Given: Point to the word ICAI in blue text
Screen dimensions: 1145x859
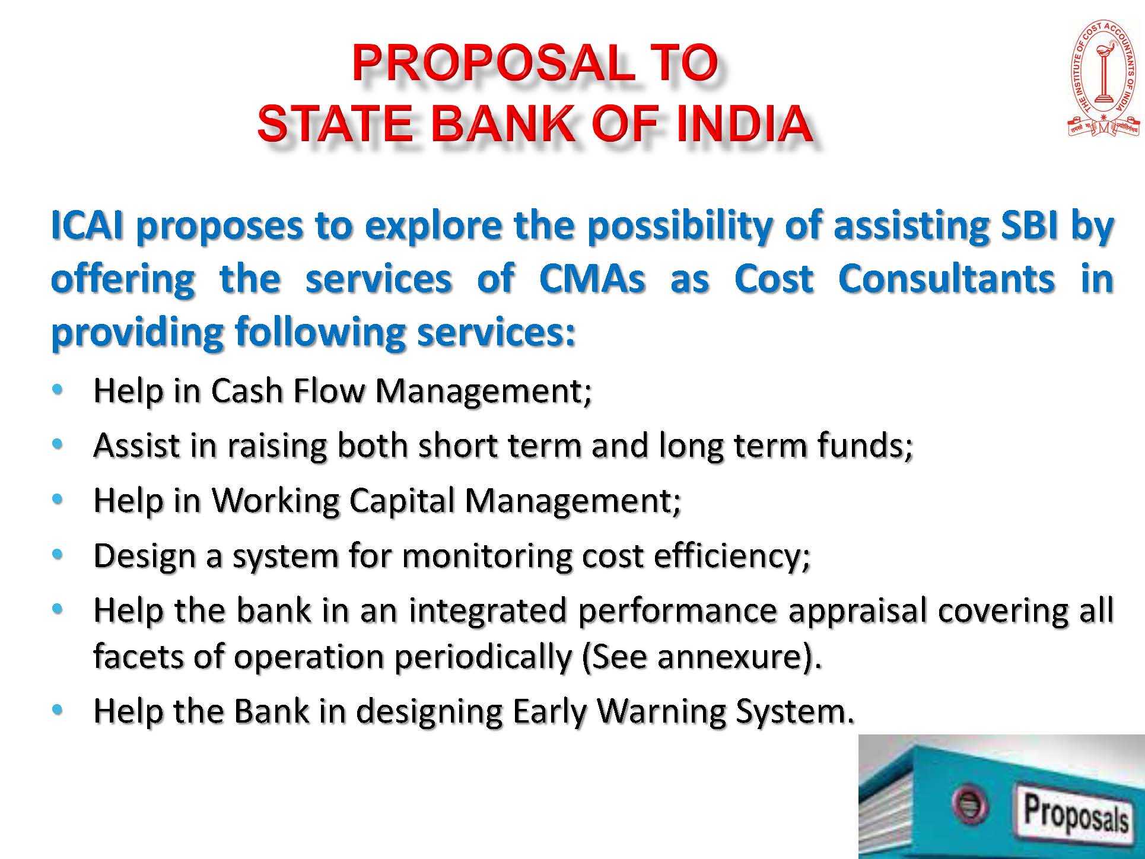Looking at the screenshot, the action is click(87, 225).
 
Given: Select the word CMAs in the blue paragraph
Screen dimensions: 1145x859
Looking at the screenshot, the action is click(592, 278).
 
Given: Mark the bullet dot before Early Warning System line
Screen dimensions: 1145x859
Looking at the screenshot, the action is click(57, 710).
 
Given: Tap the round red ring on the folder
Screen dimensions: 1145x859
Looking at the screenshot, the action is click(969, 805).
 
